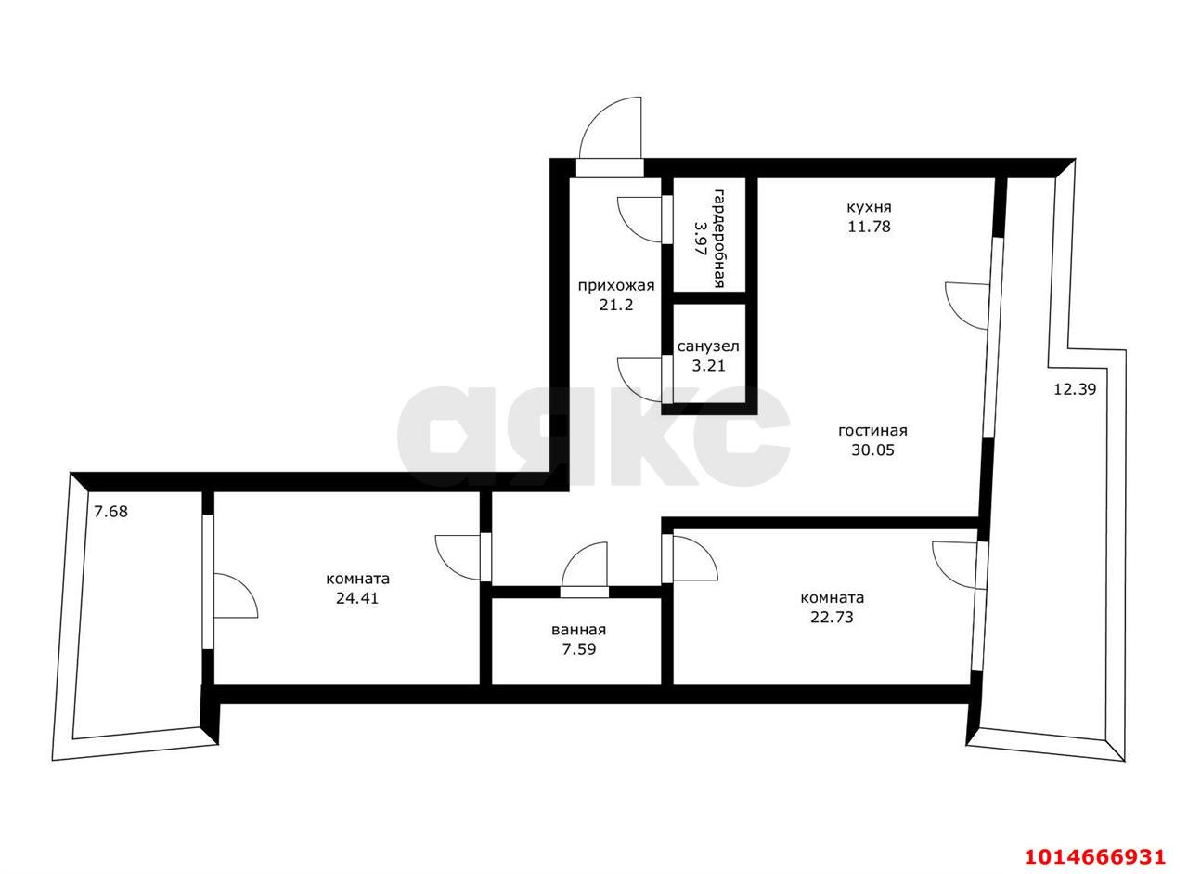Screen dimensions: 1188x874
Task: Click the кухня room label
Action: (x=869, y=207)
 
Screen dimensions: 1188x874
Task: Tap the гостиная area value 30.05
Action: (x=872, y=450)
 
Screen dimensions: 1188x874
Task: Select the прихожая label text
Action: (x=616, y=285)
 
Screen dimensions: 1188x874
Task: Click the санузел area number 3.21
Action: (x=708, y=366)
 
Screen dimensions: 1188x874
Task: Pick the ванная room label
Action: (x=578, y=630)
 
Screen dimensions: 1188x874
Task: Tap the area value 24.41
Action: (x=357, y=598)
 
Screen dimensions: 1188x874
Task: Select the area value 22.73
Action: (x=832, y=617)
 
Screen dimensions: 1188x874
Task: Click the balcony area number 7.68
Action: (x=110, y=512)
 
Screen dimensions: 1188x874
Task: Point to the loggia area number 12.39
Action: (x=1075, y=389)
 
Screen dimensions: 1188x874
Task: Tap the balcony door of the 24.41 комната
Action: (x=231, y=582)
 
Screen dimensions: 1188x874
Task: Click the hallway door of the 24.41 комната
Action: (x=462, y=557)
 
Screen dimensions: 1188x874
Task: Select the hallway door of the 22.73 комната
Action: (x=690, y=558)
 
